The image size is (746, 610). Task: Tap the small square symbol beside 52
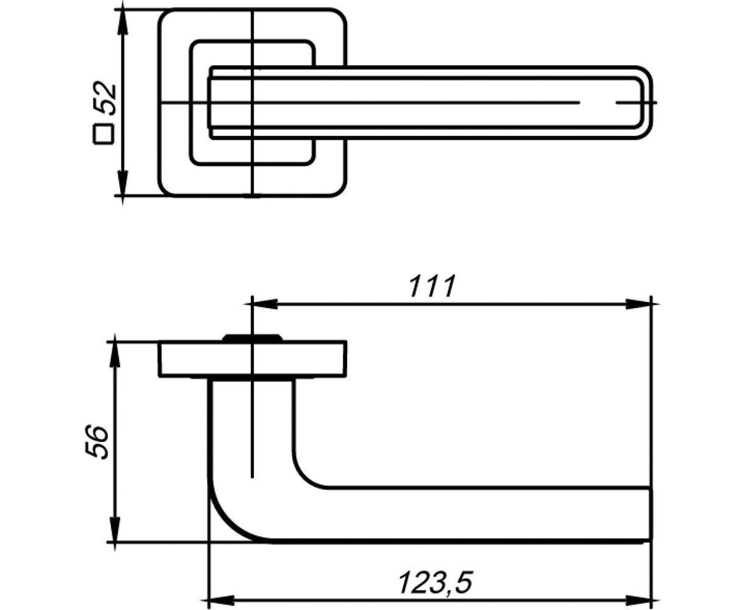pos(103,134)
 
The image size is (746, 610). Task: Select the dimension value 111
pos(432,286)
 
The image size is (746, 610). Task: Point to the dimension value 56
pos(96,442)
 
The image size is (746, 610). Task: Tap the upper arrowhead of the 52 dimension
pos(123,22)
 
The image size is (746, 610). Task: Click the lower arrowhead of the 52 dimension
pos(123,182)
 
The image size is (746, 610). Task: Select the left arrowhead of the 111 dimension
pos(265,304)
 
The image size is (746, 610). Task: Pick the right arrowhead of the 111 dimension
pos(639,304)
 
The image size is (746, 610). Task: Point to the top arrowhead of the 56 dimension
pos(115,354)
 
